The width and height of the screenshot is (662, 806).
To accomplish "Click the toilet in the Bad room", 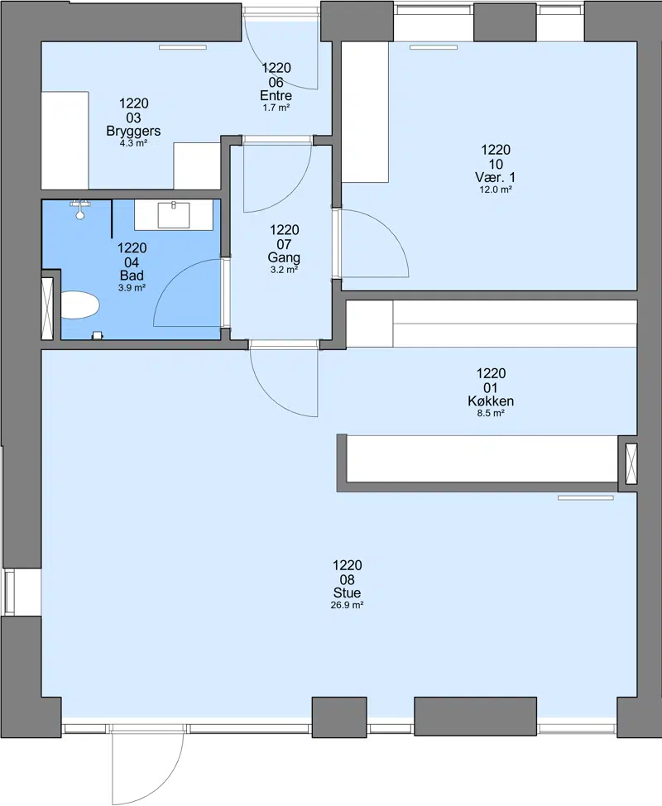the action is coord(79,305).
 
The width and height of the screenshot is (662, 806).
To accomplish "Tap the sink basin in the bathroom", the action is coord(174,215).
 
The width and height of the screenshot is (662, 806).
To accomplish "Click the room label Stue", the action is coord(348,593).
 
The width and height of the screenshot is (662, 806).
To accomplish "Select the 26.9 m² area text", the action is coord(348,606).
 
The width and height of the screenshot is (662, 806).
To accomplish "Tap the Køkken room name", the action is coord(491,401).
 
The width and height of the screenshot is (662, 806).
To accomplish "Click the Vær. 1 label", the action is coord(496,177).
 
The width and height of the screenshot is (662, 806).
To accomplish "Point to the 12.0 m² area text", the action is coord(496,190).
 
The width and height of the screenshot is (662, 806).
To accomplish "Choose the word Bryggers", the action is coord(133,131).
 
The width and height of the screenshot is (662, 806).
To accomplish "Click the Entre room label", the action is coord(276,96).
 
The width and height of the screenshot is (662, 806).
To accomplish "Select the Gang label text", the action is coord(284,257).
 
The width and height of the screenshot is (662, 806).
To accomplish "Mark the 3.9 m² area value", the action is coord(132,288).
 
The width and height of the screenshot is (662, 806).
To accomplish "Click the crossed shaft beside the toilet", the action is coord(47,308).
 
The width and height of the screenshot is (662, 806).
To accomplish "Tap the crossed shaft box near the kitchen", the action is coord(631,463).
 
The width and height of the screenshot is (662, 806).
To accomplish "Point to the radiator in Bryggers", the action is coord(182,47).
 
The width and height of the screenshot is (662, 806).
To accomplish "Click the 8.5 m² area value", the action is coord(491,413).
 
